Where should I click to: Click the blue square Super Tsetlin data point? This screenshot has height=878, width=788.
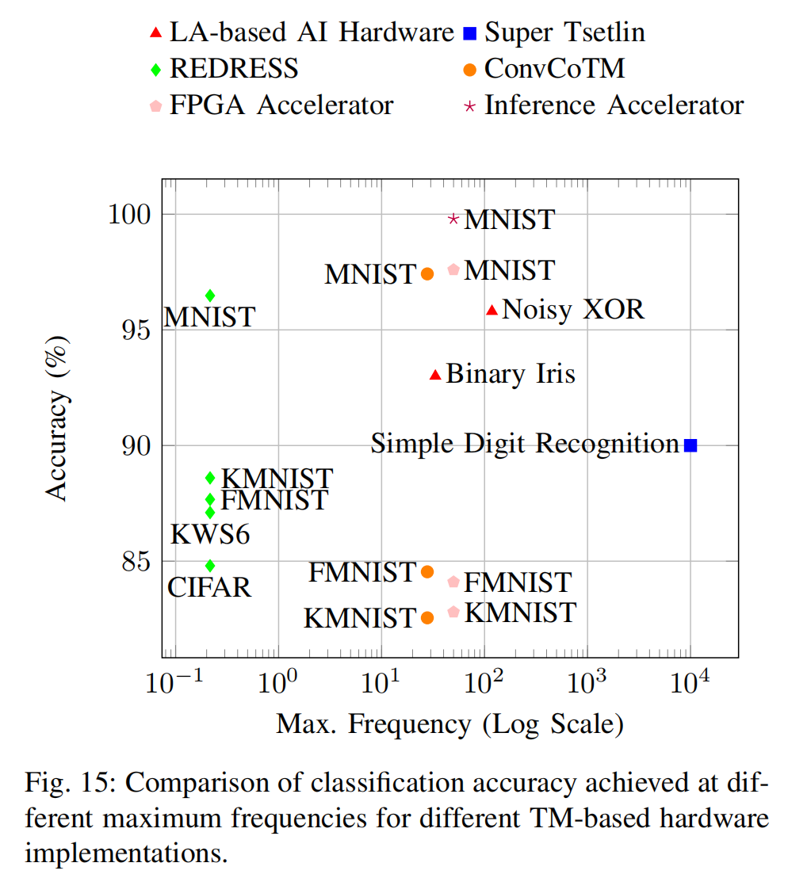click(x=690, y=445)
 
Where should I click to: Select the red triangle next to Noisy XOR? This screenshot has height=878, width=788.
click(x=492, y=310)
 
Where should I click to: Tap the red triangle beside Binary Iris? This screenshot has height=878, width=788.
click(x=434, y=375)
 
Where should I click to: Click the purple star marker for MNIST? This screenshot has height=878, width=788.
click(x=453, y=219)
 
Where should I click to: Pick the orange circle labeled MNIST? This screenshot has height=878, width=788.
click(x=427, y=274)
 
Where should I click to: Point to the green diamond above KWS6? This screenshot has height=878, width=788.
click(x=210, y=512)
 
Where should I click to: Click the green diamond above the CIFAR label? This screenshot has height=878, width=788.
click(x=210, y=566)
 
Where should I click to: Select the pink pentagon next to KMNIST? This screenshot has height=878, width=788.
click(x=453, y=612)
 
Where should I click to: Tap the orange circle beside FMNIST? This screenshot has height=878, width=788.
click(x=427, y=571)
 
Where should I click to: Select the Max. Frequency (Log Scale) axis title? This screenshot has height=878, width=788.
click(x=449, y=723)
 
